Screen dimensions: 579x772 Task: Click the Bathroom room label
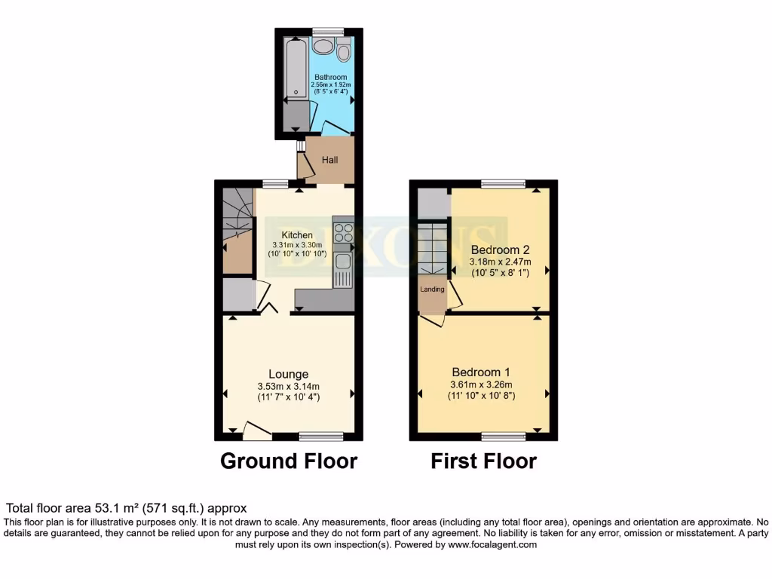[x=330, y=77]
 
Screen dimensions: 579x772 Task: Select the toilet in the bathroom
[x=344, y=51]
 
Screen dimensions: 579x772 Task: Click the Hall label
[x=330, y=160]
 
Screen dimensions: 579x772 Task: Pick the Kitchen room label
[x=297, y=235]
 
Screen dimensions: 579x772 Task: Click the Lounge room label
[x=289, y=374]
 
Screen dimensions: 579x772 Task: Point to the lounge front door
[x=257, y=431]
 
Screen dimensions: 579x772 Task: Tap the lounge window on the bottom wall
[x=321, y=436]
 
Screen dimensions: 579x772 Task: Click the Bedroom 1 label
[x=481, y=372]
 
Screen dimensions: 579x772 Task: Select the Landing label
[x=433, y=289]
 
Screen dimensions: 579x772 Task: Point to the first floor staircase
[x=433, y=247]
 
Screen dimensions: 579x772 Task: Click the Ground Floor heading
[x=289, y=461]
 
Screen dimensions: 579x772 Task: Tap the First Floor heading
[x=483, y=461]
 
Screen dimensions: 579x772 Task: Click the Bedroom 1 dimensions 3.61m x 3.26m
[x=481, y=384]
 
